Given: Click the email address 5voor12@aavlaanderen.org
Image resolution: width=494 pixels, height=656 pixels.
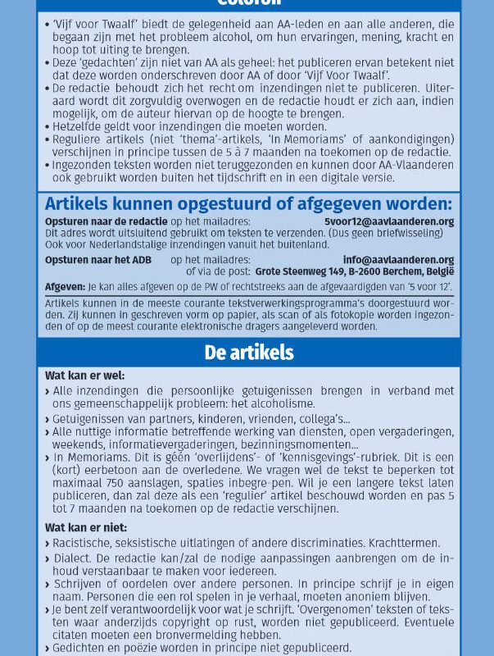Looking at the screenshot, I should click(x=388, y=222).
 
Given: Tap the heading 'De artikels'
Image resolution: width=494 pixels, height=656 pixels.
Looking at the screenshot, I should click(x=247, y=353).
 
